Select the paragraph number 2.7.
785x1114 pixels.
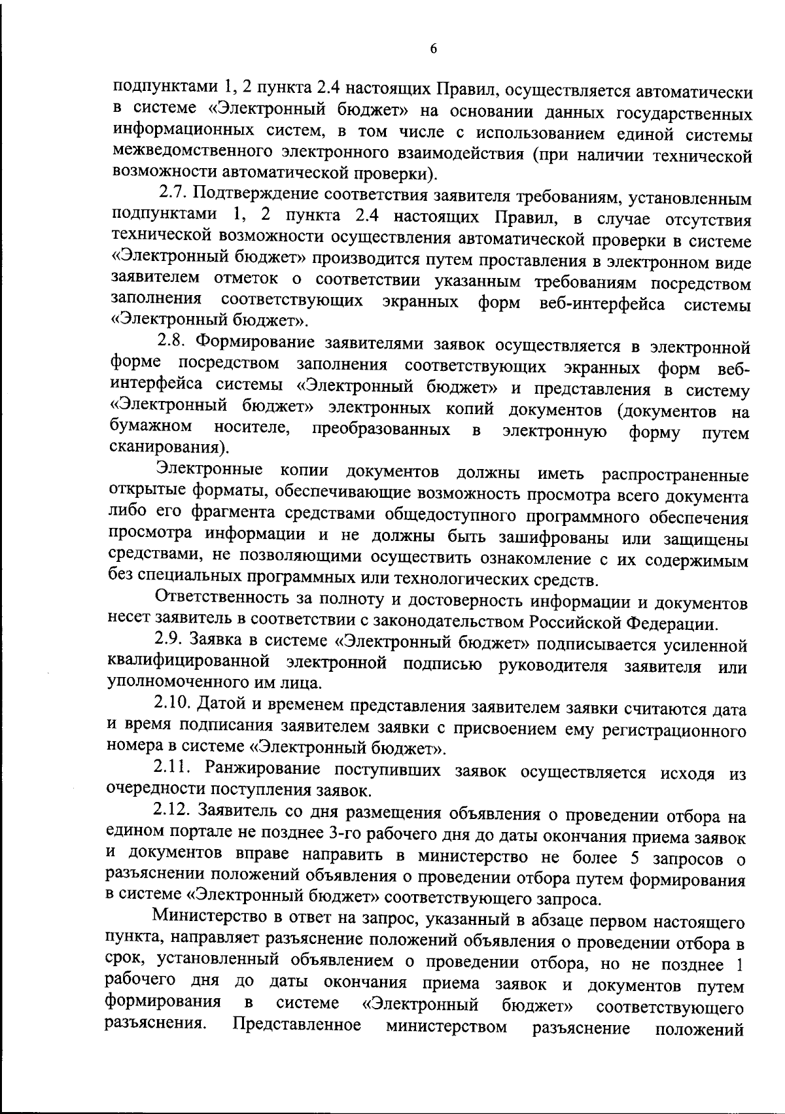[x=173, y=194]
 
